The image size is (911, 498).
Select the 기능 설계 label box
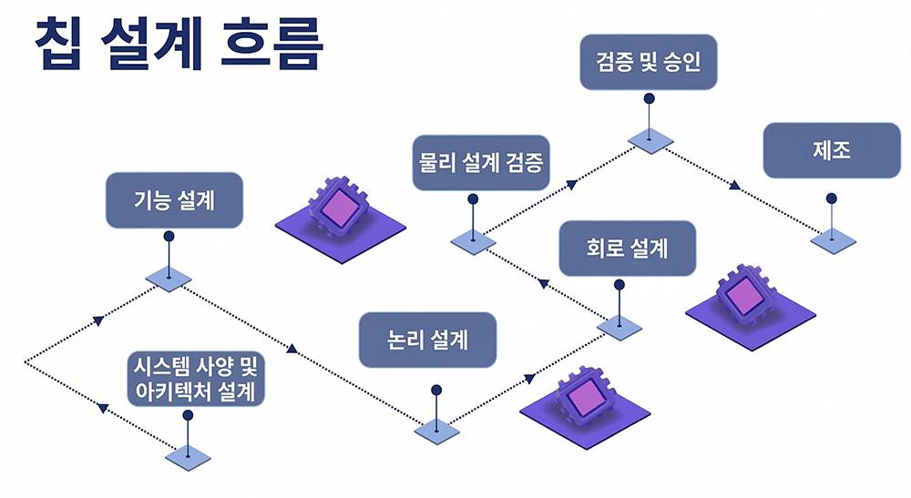[x=175, y=200]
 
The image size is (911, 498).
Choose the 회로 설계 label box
[x=628, y=248]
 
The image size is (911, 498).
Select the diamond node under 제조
[x=832, y=240]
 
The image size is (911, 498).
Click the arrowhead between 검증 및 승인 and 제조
[x=734, y=186]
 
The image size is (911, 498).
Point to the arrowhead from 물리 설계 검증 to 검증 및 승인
[x=570, y=185]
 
